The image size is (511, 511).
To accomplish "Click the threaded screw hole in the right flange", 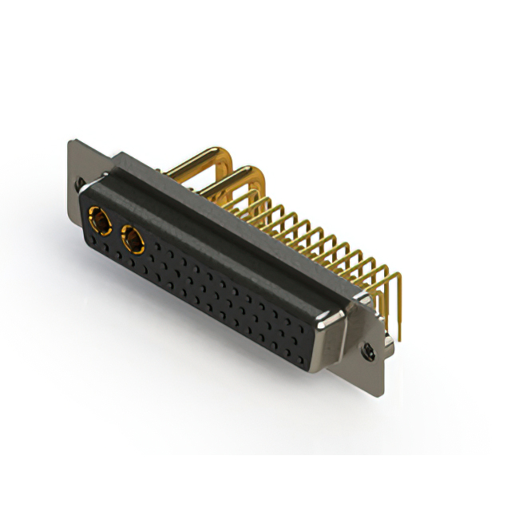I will [369, 349].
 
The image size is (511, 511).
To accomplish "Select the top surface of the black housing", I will [240, 216].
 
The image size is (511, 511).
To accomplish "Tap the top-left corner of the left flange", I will [71, 141].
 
